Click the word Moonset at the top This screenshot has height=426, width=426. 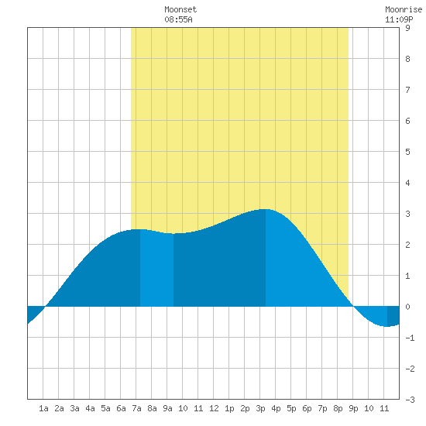[180, 9]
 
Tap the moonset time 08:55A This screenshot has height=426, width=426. [178, 19]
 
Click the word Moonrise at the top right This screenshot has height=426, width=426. [404, 9]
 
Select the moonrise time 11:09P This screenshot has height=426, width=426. [399, 19]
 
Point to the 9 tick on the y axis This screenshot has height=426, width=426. [407, 28]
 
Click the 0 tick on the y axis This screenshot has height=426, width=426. [407, 307]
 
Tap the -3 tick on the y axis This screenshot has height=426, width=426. [410, 400]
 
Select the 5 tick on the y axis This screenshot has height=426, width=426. [407, 152]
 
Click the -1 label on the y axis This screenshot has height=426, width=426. [410, 338]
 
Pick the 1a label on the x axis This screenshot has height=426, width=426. [43, 408]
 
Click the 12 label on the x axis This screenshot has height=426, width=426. [214, 408]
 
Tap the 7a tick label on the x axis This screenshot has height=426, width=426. [136, 408]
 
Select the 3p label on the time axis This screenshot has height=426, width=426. [260, 408]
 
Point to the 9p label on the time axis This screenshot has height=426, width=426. [353, 408]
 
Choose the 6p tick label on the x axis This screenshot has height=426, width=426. [307, 408]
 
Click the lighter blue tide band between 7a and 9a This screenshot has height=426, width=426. [156, 269]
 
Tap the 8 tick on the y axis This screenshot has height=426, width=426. [407, 59]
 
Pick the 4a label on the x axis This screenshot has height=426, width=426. [90, 408]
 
